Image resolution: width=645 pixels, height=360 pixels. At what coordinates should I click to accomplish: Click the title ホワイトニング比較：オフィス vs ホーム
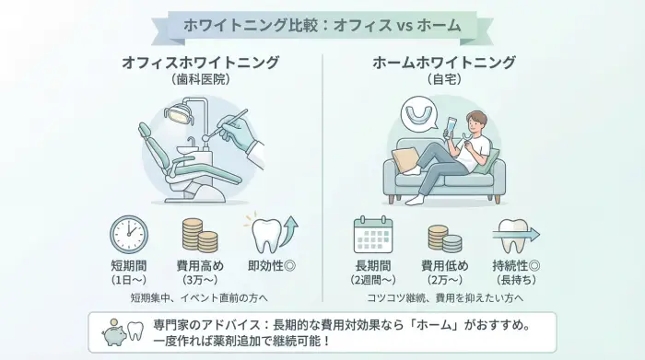[x=322, y=25]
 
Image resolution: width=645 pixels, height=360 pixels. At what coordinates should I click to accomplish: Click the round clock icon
[x=129, y=234]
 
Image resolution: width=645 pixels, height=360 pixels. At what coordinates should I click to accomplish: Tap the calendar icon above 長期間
[x=374, y=236]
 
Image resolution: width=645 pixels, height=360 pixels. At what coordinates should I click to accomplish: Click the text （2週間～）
[x=374, y=280]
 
